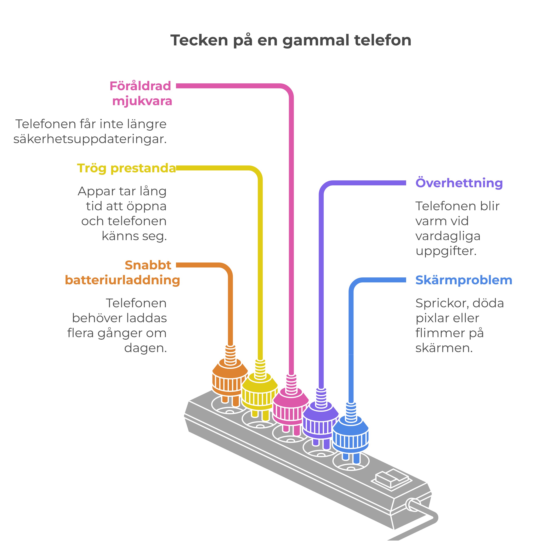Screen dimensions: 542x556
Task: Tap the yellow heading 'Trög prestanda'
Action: click(126, 168)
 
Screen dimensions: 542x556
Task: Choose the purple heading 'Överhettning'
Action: click(459, 183)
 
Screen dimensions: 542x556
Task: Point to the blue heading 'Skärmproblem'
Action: click(464, 280)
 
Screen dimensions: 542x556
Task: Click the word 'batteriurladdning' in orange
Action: click(122, 280)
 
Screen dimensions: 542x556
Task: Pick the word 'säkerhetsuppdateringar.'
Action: click(90, 139)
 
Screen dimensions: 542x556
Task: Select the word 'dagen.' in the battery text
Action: click(145, 348)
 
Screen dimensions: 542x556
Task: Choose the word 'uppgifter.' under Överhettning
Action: click(446, 251)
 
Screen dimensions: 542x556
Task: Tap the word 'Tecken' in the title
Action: click(199, 40)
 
